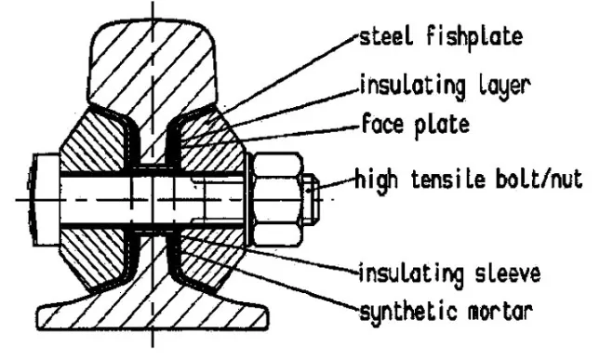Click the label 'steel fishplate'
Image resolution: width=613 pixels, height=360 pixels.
pos(441,39)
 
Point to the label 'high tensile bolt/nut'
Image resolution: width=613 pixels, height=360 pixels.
pos(469,180)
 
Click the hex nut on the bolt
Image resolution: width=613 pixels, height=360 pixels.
pos(276,198)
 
